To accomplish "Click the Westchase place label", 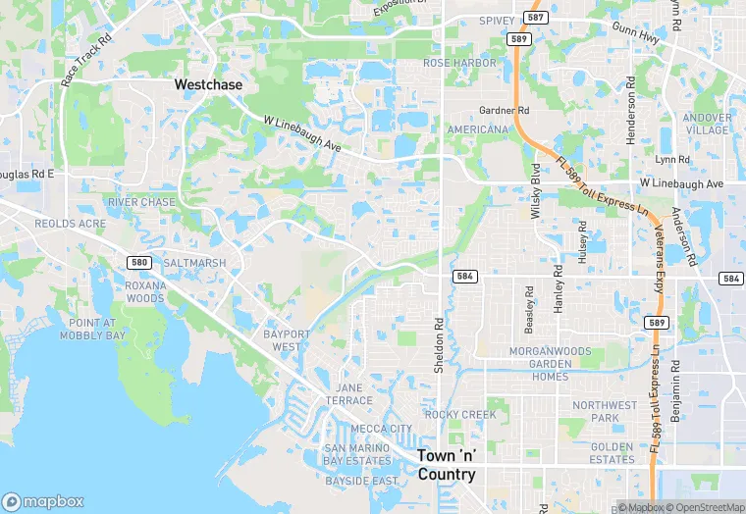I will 208,85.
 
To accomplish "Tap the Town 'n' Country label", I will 447,465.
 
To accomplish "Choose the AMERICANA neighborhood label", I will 478,129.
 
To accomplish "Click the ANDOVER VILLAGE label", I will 708,124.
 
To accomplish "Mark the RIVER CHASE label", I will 142,202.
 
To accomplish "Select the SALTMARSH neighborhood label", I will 194,263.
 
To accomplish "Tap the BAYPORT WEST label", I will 287,340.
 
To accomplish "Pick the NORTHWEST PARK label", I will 605,411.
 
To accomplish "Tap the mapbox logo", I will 43,500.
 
